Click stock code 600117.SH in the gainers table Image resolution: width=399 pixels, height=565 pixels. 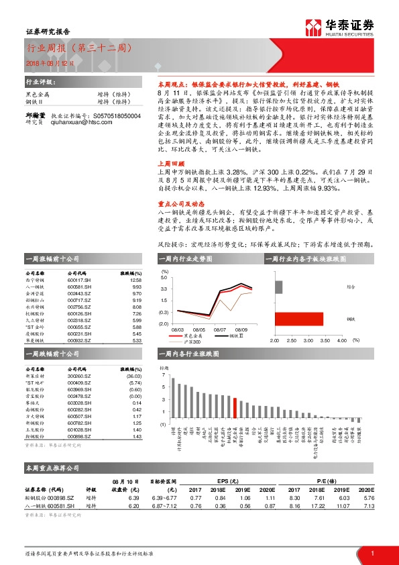[x=80, y=280]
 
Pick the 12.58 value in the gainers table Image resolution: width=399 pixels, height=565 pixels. [x=137, y=280]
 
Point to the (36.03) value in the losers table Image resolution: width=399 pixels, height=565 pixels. [x=135, y=376]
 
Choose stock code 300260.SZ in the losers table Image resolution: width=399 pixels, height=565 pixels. [x=80, y=376]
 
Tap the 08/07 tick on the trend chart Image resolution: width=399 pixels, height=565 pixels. [x=220, y=329]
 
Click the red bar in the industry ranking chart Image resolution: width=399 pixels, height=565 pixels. [x=235, y=408]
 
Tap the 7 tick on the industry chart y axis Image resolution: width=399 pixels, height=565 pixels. [x=162, y=375]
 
